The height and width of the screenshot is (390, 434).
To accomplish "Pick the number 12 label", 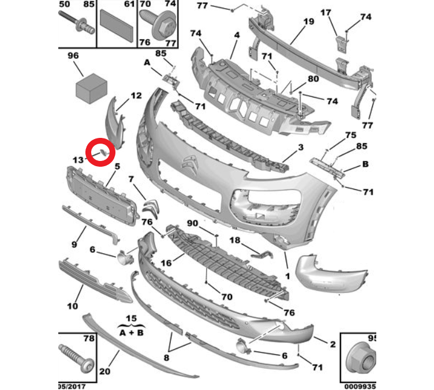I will coord(135,96).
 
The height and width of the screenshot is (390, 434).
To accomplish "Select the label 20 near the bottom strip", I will coord(104,371).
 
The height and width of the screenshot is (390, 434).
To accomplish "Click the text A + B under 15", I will coord(132,333).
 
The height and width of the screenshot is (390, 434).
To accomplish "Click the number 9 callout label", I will coord(74,244).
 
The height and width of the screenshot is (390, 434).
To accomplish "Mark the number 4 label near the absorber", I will coord(236,36).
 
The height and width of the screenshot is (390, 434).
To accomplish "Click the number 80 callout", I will coord(313,79).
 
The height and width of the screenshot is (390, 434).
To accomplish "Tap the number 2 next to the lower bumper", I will coord(332,344).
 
